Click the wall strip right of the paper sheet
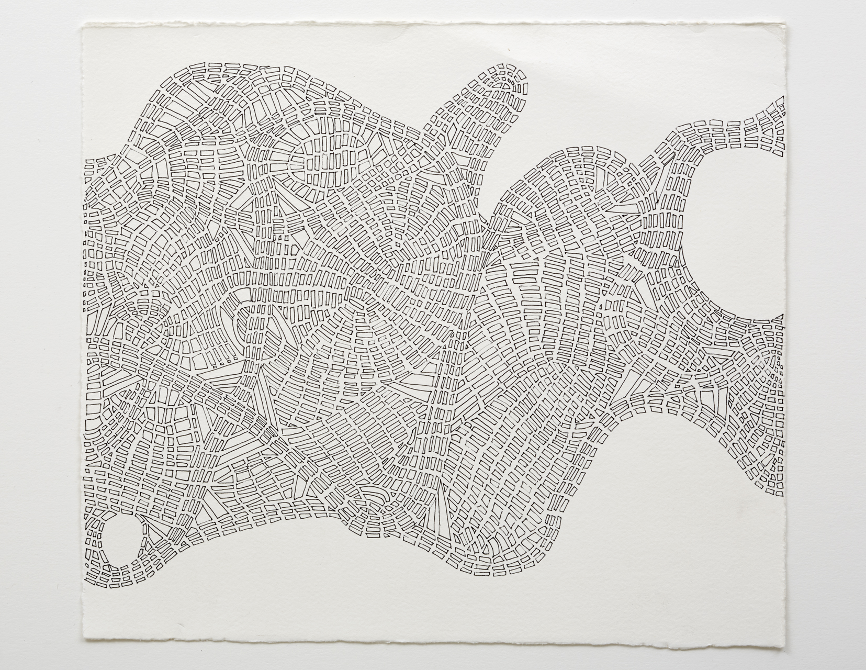827,335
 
